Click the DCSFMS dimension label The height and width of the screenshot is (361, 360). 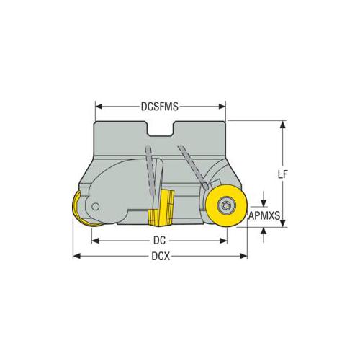(x=160, y=107)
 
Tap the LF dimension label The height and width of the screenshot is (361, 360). (x=283, y=174)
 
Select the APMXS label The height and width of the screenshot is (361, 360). (x=264, y=215)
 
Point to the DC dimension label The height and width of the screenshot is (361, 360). (x=160, y=241)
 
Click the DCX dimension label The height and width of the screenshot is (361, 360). (x=161, y=257)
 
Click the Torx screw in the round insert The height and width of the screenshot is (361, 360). (x=227, y=205)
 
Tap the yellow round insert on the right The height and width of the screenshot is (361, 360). (x=226, y=206)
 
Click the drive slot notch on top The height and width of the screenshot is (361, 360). (x=161, y=129)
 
